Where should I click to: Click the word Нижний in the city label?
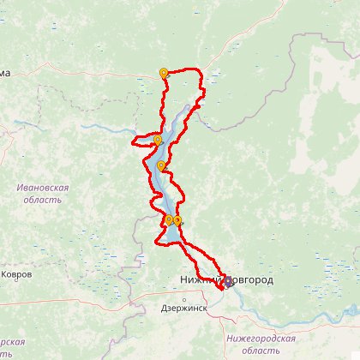coord(200,280)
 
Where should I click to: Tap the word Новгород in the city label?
coord(249,280)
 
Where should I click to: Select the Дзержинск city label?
coord(184,308)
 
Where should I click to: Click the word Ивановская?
coord(43,187)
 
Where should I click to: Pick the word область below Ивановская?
coord(43,200)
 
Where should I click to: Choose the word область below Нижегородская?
coord(260,351)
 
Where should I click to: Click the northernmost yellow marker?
coord(164,73)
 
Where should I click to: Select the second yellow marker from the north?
coord(158,140)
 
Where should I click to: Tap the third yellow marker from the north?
coord(161,165)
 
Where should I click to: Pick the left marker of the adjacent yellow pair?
coord(168,219)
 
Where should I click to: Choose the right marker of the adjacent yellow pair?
coord(177,221)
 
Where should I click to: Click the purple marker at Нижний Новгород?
coord(228,280)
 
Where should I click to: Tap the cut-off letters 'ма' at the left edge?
coord(5,74)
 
